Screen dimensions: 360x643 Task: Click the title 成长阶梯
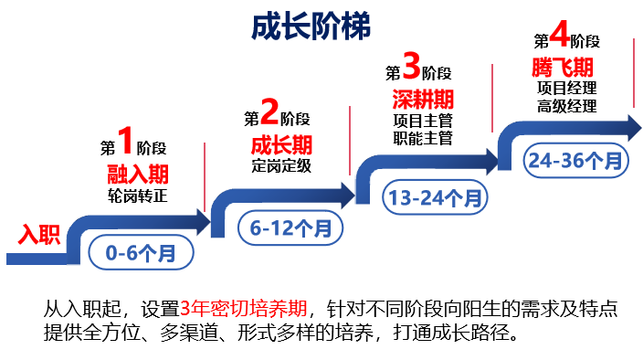coord(311,26)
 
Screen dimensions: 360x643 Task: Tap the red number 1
coord(126,140)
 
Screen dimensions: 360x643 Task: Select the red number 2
coord(269,111)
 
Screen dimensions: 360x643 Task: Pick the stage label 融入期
coord(138,175)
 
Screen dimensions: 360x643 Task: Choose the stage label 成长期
coord(281,144)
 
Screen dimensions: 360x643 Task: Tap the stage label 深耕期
coord(423,99)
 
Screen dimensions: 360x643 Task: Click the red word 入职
coord(39,236)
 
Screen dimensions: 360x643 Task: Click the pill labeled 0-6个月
coord(142,251)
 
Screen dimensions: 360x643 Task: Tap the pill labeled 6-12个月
coord(291,228)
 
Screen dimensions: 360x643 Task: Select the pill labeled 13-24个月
coord(436,196)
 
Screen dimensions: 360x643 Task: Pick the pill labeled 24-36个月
coord(576,161)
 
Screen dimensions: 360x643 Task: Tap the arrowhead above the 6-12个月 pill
coord(346,193)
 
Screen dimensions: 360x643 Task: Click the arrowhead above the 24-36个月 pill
coord(632,126)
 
